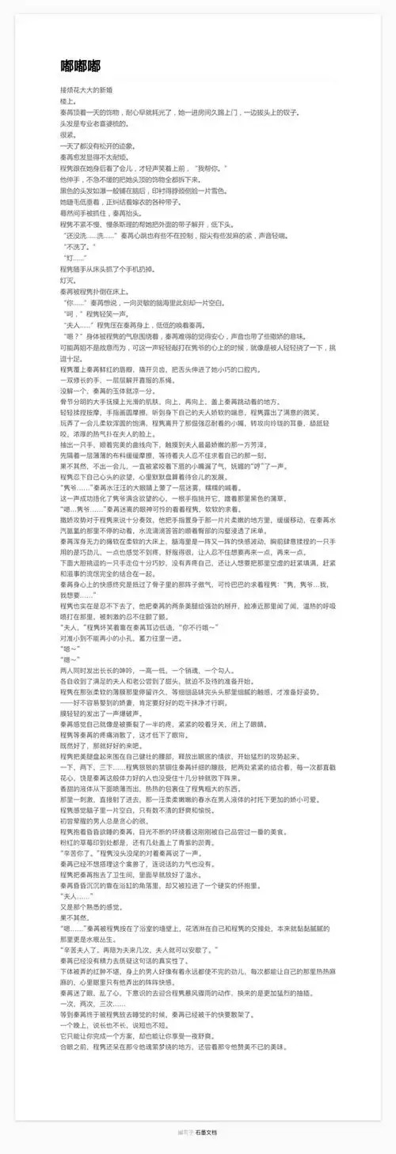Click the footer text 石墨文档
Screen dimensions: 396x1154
point(207,1132)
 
